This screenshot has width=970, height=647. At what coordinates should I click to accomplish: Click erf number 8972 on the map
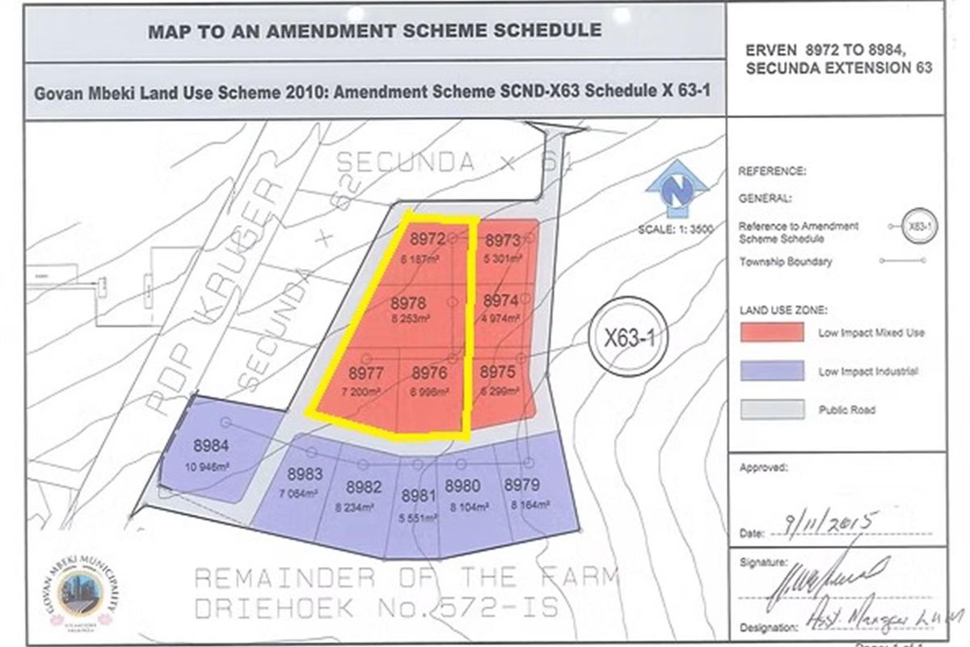pos(428,239)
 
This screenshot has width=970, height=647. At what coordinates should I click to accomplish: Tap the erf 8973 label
pos(502,240)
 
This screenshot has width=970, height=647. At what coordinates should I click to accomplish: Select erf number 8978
pos(407,302)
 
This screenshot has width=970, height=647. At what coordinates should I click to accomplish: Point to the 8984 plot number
pos(210,445)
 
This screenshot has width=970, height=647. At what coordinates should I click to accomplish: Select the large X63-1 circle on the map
pos(628,336)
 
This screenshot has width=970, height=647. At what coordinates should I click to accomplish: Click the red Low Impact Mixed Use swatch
pos(771,332)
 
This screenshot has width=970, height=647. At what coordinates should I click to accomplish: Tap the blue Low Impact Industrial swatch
pos(771,371)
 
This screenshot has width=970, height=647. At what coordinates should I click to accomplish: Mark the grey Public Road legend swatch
pos(771,409)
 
